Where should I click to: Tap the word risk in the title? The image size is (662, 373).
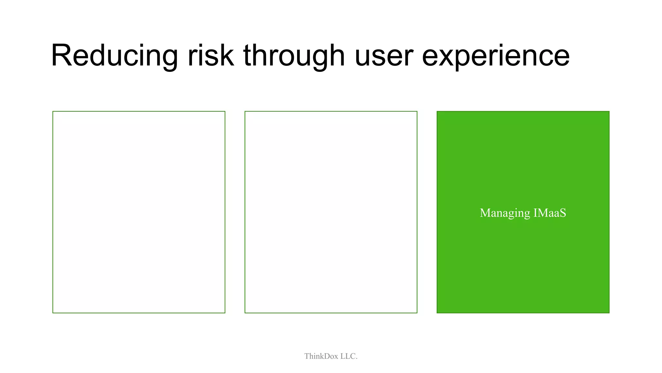211,56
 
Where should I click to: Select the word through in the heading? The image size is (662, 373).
294,56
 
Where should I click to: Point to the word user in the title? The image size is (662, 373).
384,56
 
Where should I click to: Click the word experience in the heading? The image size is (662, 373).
496,56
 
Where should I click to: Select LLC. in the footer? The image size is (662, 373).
349,356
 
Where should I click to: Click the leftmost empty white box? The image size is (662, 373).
139,212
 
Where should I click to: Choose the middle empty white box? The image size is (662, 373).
331,212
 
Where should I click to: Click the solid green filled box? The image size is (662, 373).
523,259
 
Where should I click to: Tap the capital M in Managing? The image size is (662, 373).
485,213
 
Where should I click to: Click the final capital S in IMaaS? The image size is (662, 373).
563,213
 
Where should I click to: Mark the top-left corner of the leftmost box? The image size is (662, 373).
53,111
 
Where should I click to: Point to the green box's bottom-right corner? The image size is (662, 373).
609,313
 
